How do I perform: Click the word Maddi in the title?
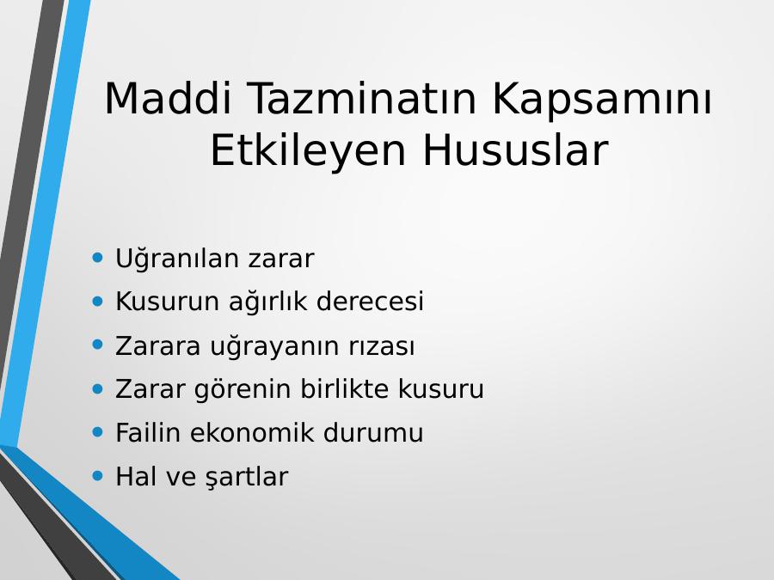pyautogui.click(x=168, y=98)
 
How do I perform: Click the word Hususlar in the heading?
pyautogui.click(x=515, y=150)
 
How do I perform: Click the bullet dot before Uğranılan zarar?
pyautogui.click(x=98, y=257)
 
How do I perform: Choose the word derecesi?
pyautogui.click(x=370, y=301)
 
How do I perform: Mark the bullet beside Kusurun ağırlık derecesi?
pyautogui.click(x=98, y=301)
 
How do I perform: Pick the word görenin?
pyautogui.click(x=243, y=389)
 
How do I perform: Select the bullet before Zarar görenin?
pyautogui.click(x=98, y=388)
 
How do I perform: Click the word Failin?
pyautogui.click(x=148, y=432)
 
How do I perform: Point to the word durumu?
pyautogui.click(x=373, y=432)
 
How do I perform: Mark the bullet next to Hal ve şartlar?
pyautogui.click(x=98, y=476)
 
